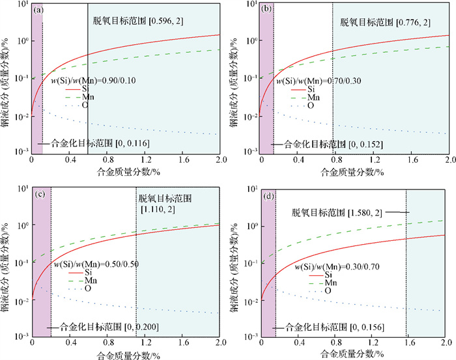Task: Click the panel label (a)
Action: coord(38,10)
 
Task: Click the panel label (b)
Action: coord(265,10)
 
